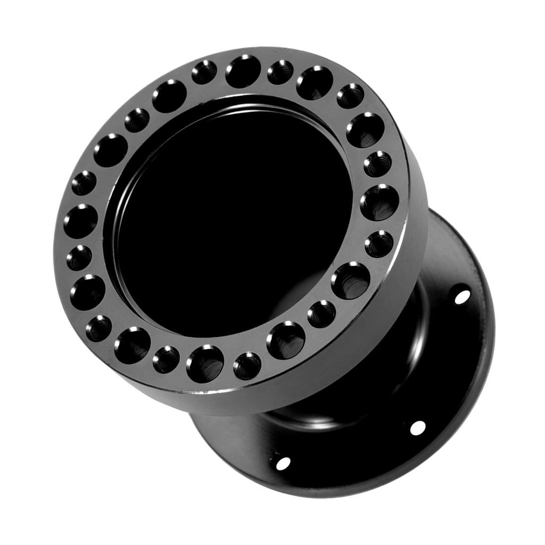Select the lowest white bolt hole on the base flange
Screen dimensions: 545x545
pos(283,463)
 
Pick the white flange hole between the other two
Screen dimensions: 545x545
pos(418,427)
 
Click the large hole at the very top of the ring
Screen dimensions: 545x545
pos(243,71)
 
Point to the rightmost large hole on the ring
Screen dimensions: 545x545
pos(379,202)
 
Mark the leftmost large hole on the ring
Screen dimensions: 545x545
pos(81,221)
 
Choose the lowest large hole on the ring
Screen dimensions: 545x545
pos(205,364)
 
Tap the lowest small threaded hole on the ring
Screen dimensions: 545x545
pos(247,366)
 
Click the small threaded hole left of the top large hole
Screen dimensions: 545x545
pos(204,72)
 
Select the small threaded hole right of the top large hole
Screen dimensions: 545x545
pos(280,72)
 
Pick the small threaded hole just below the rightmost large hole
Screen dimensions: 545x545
pos(379,244)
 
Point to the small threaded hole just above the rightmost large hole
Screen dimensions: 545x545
pos(378,164)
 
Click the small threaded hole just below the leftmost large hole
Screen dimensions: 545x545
pos(79,258)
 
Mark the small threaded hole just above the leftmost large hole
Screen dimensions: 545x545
pos(84,183)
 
